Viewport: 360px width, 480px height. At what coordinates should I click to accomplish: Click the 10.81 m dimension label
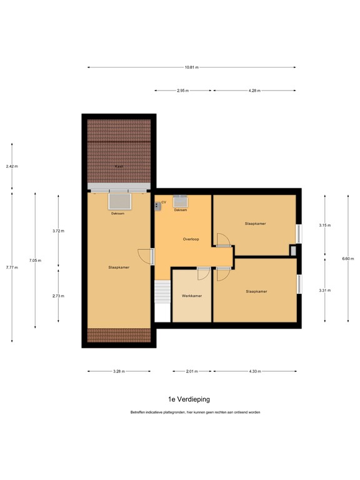pos(191,67)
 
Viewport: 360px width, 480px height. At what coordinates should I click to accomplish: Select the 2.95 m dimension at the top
pos(182,91)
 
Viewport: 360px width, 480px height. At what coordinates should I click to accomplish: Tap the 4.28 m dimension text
pos(254,91)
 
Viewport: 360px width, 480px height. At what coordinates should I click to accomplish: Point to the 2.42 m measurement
pos(12,167)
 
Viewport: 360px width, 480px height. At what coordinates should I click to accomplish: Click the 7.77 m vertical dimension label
pos(12,267)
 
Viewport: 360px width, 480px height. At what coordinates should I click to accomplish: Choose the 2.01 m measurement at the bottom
pos(191,371)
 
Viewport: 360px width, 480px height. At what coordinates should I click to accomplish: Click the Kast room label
pos(118,166)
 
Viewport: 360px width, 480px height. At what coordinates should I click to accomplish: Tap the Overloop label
pos(191,239)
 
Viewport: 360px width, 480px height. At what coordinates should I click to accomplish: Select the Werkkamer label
pos(191,296)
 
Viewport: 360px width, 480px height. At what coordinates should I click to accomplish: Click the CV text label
pos(164,202)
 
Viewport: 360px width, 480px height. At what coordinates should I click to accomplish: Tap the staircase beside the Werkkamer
pos(162,292)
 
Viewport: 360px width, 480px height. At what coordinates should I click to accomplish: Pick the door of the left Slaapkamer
pos(145,256)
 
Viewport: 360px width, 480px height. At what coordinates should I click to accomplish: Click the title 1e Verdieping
pos(189,398)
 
